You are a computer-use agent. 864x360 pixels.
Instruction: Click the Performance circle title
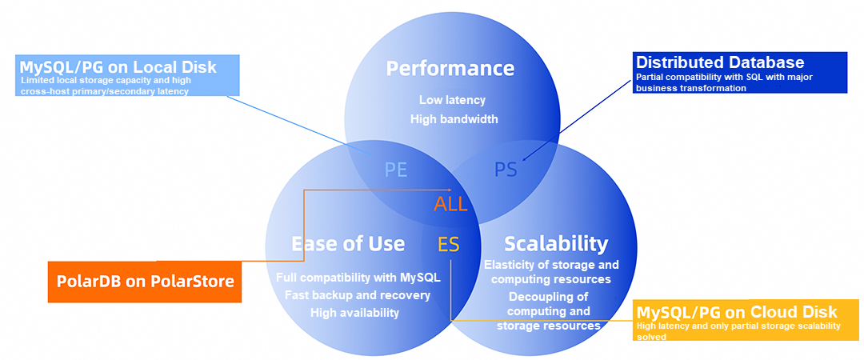pos(450,68)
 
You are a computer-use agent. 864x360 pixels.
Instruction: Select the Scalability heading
pos(556,243)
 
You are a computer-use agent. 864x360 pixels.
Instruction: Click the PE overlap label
pos(395,170)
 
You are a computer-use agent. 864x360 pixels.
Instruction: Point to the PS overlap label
pos(505,170)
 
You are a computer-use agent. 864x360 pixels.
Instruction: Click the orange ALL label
pos(450,204)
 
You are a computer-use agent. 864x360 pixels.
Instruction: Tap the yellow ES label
pos(449,245)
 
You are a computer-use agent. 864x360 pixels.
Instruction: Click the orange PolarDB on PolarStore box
pos(145,281)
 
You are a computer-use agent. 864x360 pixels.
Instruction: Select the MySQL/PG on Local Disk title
pos(118,66)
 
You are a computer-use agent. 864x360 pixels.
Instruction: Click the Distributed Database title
pos(719,62)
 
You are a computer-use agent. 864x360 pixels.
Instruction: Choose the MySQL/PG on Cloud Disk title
pos(737,311)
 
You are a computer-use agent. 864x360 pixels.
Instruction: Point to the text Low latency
pos(452,100)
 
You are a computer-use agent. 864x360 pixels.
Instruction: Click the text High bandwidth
pos(454,119)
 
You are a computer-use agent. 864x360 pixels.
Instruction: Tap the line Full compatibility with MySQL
pos(358,278)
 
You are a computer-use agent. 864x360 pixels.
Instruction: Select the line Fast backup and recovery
pos(358,295)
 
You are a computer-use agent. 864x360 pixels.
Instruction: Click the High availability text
pos(354,313)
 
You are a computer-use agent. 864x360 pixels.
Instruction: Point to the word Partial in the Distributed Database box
pos(650,78)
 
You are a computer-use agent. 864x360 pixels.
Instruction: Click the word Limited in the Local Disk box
pos(36,81)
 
